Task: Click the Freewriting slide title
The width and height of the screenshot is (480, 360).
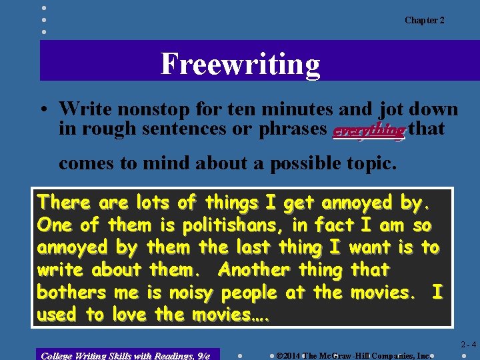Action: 240,64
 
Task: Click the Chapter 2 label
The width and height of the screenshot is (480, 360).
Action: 424,21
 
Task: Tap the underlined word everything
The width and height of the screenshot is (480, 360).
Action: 369,130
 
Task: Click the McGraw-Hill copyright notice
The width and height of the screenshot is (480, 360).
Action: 353,355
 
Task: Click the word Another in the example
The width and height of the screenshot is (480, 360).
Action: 253,270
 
